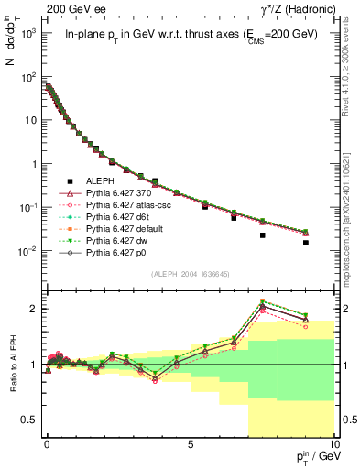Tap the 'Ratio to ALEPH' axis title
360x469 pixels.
click(12, 364)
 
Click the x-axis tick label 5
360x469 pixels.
click(190, 442)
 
